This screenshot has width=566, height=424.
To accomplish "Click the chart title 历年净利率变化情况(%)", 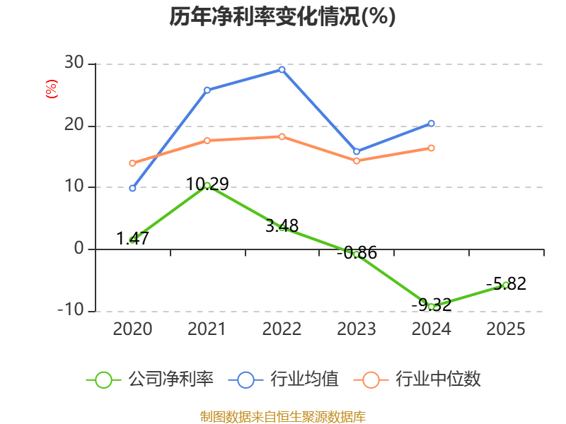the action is click(x=282, y=17).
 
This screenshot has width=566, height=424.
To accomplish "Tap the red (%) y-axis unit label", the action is click(x=51, y=89).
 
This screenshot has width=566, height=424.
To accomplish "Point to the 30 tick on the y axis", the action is click(x=74, y=63).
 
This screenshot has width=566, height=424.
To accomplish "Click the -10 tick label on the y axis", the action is click(x=71, y=310).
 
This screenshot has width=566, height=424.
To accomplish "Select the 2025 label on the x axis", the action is click(x=506, y=329).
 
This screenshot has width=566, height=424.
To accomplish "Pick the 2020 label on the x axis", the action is click(x=132, y=329).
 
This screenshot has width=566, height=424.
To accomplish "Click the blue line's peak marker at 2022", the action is click(x=282, y=69).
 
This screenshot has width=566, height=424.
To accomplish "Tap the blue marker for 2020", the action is click(x=132, y=188).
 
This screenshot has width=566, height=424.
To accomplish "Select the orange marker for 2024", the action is click(x=431, y=148).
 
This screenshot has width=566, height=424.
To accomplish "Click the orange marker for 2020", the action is click(x=132, y=163).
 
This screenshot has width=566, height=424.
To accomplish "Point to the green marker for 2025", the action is click(x=506, y=285).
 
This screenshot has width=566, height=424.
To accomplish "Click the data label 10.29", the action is click(x=207, y=184).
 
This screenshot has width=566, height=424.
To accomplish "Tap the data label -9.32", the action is click(x=432, y=305).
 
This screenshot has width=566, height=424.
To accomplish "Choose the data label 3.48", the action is click(x=282, y=226).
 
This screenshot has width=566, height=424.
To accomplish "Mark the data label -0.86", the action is click(x=357, y=253).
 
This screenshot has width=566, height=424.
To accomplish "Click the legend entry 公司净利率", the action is click(x=150, y=379).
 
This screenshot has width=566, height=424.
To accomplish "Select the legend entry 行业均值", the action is click(x=284, y=379).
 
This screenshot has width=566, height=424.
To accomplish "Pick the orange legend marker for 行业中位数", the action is click(x=371, y=380).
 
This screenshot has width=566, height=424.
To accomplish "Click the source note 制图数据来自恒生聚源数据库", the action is click(x=283, y=416).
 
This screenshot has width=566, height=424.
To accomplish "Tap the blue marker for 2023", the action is click(x=357, y=152).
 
